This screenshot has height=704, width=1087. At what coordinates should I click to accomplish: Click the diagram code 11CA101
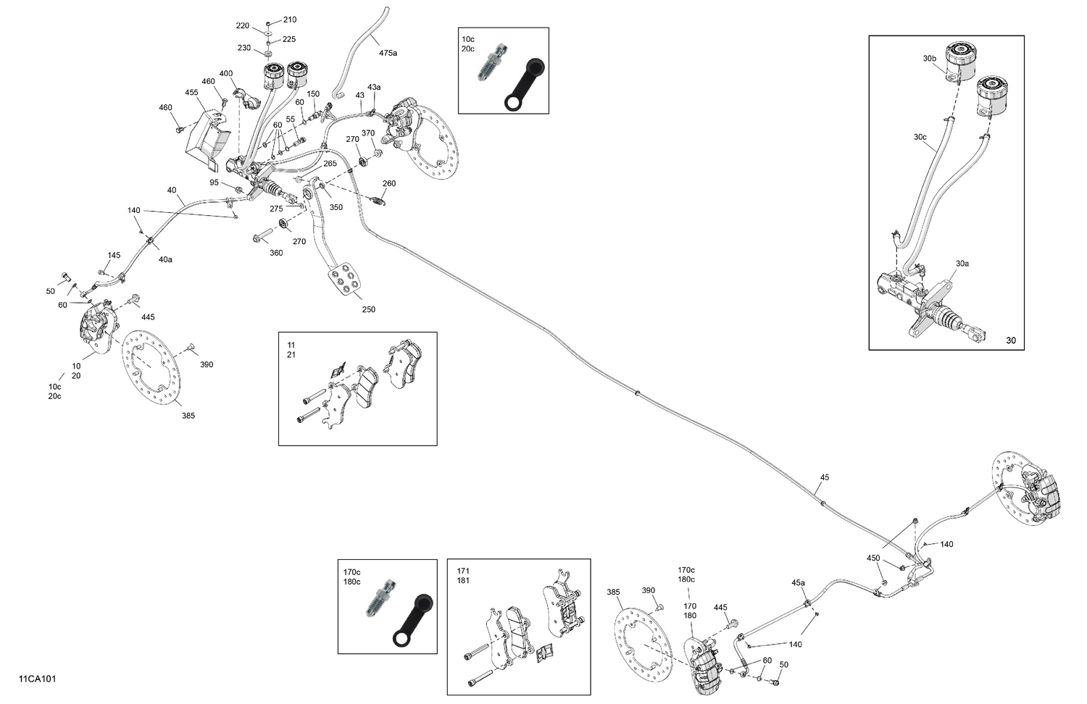(x=38, y=679)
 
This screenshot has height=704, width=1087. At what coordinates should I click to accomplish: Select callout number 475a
(x=388, y=53)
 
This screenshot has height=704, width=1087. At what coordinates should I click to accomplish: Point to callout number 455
(x=191, y=93)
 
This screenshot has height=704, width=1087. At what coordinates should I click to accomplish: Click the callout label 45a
(x=798, y=582)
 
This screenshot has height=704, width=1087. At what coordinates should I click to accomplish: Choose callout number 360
(x=276, y=253)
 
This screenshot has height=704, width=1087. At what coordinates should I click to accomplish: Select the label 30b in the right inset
(x=930, y=59)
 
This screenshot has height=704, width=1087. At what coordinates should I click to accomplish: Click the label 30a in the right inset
(x=962, y=264)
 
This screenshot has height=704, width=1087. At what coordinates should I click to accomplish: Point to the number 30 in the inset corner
(x=1011, y=340)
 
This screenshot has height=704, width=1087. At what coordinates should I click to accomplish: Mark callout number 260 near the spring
(x=389, y=183)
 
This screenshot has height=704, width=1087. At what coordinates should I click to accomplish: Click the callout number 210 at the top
(x=289, y=20)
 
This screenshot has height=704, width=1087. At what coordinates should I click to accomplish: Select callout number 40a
(x=165, y=259)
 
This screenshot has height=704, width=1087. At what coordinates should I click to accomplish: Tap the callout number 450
(x=873, y=558)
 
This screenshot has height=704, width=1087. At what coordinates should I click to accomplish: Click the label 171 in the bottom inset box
(x=463, y=571)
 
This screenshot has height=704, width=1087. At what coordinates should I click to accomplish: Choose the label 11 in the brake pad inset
(x=291, y=345)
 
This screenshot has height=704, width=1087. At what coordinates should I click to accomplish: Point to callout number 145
(x=114, y=255)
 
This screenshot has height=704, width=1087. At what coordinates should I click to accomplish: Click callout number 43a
(x=374, y=87)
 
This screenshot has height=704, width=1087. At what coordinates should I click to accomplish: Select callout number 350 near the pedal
(x=336, y=207)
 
